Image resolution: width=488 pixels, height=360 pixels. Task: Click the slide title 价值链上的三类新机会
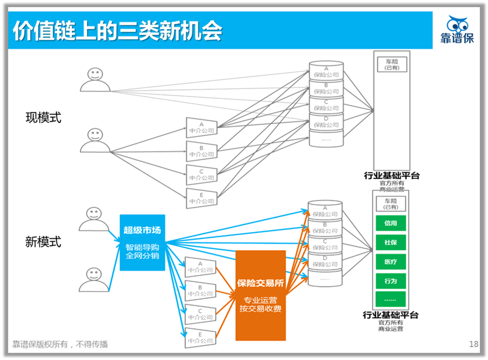tap(117, 31)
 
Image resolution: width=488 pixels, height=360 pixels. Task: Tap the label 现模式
tap(44, 118)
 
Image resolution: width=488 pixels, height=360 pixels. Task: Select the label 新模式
tap(43, 242)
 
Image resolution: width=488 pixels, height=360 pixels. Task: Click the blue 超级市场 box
tap(143, 242)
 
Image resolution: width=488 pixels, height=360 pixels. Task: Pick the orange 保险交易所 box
tap(260, 295)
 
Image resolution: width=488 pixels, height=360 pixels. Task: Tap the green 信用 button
tap(391, 224)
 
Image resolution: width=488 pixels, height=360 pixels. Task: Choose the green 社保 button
tap(391, 243)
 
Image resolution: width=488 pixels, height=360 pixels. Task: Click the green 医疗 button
tap(391, 262)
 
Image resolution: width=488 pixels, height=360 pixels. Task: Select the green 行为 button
tap(391, 281)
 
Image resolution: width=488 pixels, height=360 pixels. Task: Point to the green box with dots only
tap(391, 300)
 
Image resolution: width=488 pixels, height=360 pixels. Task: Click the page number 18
tap(474, 344)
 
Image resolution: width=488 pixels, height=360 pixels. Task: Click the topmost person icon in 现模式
tap(95, 79)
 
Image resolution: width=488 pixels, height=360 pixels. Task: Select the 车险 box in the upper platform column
tap(392, 64)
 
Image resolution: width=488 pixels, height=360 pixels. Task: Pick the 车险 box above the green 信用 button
tap(391, 204)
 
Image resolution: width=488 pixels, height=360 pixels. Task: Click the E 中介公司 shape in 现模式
tap(201, 197)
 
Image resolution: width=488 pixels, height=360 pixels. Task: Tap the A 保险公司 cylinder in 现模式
tap(326, 71)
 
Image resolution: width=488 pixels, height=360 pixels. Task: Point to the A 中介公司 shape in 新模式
tap(200, 266)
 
